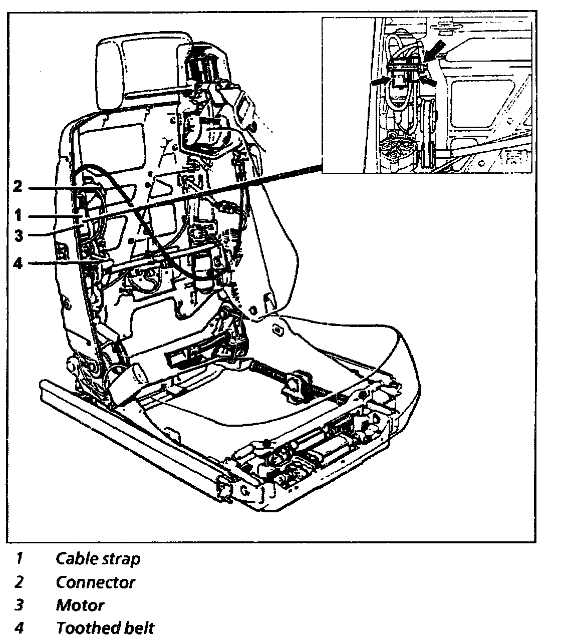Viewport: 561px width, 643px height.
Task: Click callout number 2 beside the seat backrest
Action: click(18, 187)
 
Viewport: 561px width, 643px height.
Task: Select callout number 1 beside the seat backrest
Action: click(18, 216)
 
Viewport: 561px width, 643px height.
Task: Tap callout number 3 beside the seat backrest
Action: click(18, 235)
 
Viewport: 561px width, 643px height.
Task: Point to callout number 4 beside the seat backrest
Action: click(18, 263)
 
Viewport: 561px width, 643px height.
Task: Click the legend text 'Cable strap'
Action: click(98, 558)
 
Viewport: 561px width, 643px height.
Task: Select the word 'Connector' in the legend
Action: click(95, 582)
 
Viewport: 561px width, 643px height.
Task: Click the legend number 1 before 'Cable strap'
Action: click(20, 558)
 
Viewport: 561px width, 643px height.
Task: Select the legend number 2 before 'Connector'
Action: click(20, 582)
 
